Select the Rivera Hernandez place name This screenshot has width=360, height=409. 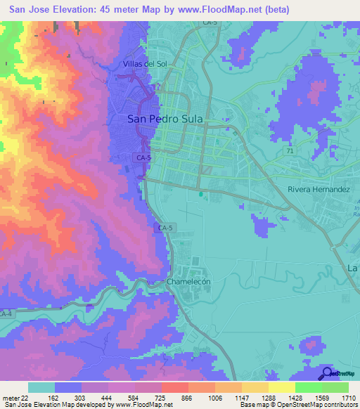[x=319, y=190]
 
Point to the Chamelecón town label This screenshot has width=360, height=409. [x=188, y=281]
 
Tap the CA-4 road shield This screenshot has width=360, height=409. [x=6, y=313]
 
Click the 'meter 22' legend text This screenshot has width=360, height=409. [x=13, y=398]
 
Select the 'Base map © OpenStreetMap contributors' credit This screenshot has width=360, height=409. [x=297, y=405]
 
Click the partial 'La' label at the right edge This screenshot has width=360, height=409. [x=353, y=268]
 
